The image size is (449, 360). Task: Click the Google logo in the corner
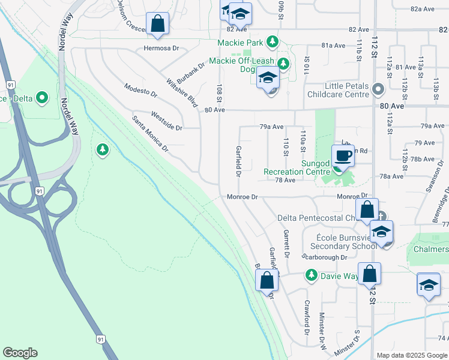[20, 353]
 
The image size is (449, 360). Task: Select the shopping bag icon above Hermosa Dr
[157, 24]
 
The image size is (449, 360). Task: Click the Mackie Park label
[241, 43]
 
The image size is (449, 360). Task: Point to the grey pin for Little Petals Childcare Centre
[378, 89]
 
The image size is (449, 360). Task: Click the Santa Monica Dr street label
[150, 133]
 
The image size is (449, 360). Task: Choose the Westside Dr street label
[166, 120]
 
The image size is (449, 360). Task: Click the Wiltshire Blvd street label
[182, 92]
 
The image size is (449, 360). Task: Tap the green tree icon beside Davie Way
[311, 275]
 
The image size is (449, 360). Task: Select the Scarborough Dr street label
[325, 257]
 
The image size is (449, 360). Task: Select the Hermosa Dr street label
[161, 48]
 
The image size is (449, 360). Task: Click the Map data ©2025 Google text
[412, 355]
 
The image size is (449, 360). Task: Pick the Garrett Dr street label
[286, 243]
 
